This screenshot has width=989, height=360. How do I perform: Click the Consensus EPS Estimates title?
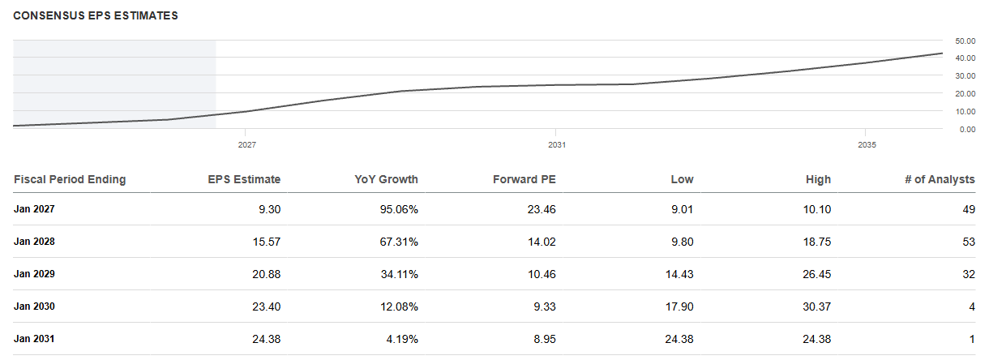pyautogui.click(x=96, y=15)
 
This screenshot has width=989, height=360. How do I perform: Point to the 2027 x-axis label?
pyautogui.click(x=246, y=145)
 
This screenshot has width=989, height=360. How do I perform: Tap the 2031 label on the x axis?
pyautogui.click(x=557, y=145)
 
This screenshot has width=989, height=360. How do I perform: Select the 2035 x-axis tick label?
pyautogui.click(x=867, y=145)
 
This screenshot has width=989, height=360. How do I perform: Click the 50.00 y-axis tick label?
pyautogui.click(x=965, y=41)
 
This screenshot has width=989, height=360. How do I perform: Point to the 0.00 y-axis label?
pyautogui.click(x=967, y=130)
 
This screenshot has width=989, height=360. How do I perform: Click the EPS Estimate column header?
pyautogui.click(x=244, y=179)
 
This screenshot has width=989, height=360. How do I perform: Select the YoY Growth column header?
pyautogui.click(x=387, y=179)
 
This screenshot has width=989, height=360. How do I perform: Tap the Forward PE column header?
pyautogui.click(x=524, y=179)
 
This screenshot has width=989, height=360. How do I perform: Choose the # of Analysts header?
pyautogui.click(x=940, y=179)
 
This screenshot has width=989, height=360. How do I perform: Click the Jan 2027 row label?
pyautogui.click(x=34, y=209)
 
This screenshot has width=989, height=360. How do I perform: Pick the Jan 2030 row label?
pyautogui.click(x=34, y=306)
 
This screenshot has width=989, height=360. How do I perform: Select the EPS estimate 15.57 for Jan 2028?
pyautogui.click(x=266, y=242)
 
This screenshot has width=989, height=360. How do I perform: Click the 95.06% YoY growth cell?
pyautogui.click(x=399, y=209)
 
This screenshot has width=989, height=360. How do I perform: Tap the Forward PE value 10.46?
pyautogui.click(x=542, y=274)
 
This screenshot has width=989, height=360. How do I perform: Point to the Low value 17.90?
pyautogui.click(x=679, y=306)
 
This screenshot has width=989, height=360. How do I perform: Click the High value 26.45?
pyautogui.click(x=817, y=274)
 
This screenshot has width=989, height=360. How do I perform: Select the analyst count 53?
pyautogui.click(x=969, y=242)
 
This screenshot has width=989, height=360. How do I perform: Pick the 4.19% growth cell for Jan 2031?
pyautogui.click(x=402, y=339)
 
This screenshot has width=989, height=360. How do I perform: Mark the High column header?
pyautogui.click(x=818, y=179)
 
